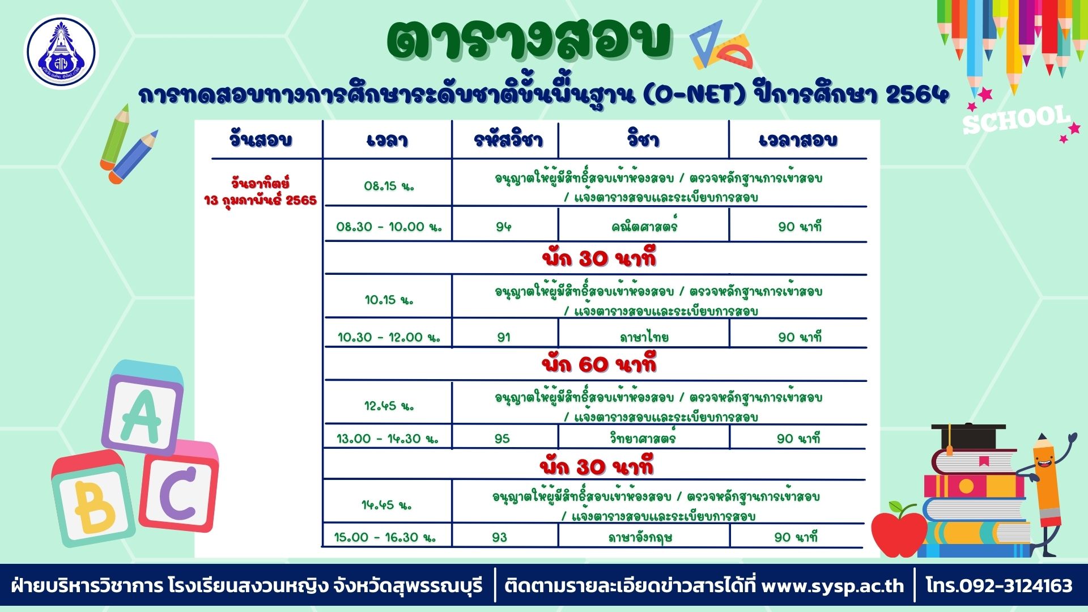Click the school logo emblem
61,52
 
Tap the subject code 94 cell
503,227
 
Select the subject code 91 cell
503,337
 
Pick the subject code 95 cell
502,439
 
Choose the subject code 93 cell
500,537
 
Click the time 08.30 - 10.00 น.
389,227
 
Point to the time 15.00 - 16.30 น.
385,537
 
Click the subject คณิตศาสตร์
644,226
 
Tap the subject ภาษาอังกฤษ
640,537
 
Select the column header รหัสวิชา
508,139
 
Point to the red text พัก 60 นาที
599,364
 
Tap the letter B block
93,499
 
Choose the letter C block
178,487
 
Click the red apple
899,529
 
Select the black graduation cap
968,436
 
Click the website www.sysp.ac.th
832,585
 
